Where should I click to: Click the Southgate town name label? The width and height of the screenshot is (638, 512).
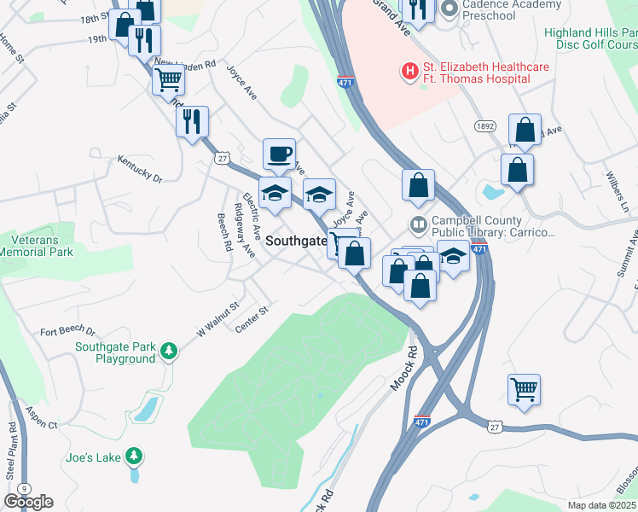[296, 241]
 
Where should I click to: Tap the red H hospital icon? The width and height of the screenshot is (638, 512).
[410, 72]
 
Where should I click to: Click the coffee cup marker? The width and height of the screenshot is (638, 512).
[279, 154]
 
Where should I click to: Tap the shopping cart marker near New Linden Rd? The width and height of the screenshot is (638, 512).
[168, 80]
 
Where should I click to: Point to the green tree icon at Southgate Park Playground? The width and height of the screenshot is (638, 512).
[169, 350]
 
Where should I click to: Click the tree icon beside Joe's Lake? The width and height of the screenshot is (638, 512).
[133, 457]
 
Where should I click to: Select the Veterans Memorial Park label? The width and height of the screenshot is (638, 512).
[37, 246]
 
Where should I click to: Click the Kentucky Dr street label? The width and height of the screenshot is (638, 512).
[140, 170]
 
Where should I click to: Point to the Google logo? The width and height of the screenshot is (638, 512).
[29, 501]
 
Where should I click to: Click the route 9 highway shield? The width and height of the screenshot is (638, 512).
[25, 488]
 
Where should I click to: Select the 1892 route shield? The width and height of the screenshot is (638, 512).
[485, 125]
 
